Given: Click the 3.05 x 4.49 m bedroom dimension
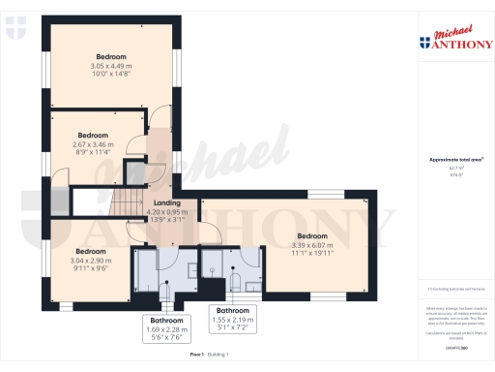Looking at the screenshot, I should coord(110,66).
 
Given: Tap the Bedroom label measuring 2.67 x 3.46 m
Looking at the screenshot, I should coord(93,136).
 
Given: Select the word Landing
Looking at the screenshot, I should coord(167,203).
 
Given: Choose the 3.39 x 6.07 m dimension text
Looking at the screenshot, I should coord(311,246).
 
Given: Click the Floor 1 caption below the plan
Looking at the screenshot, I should coord(197,356).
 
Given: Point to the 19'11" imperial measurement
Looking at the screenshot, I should coord(327,254).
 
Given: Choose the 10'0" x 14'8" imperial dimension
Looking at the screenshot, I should coord(110,74).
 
